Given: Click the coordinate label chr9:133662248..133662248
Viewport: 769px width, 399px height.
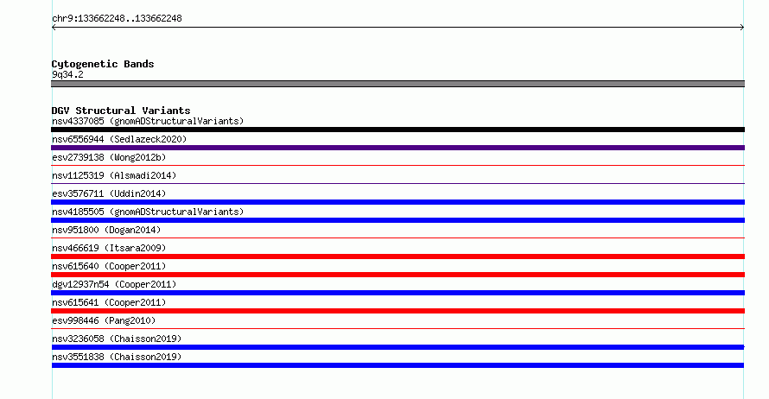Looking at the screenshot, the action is [x=117, y=19].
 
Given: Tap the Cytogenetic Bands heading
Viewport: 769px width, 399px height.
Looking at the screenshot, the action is [x=103, y=64].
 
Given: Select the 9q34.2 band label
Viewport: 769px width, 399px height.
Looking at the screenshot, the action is [x=67, y=74].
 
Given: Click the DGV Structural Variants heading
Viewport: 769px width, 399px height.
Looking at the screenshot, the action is [x=121, y=111].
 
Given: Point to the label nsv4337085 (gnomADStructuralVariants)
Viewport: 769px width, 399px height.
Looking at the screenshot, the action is [x=148, y=121].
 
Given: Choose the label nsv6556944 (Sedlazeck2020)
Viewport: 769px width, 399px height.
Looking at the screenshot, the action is [x=119, y=139].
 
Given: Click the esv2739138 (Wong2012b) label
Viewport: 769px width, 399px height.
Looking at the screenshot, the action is [x=109, y=157].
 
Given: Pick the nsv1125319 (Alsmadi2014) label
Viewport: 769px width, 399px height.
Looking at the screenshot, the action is [x=114, y=175].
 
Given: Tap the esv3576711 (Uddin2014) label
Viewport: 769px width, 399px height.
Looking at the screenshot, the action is [x=109, y=193].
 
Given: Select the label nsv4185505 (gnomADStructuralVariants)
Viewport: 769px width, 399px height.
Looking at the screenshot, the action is [x=148, y=212].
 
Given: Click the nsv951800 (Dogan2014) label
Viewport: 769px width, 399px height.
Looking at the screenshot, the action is [x=106, y=230].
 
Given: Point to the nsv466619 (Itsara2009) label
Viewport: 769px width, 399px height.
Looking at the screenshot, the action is [x=109, y=248].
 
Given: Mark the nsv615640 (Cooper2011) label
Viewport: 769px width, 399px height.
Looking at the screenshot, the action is [x=109, y=266].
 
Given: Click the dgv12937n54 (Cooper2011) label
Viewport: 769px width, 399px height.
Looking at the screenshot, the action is [x=114, y=284].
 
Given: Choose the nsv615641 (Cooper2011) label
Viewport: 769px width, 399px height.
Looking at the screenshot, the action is [x=109, y=302].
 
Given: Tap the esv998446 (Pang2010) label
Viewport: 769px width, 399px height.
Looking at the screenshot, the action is [x=104, y=320].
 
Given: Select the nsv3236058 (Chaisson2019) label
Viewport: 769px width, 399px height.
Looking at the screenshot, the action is [x=117, y=339].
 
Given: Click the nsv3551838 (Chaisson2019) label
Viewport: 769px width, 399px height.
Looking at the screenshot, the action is [x=117, y=357].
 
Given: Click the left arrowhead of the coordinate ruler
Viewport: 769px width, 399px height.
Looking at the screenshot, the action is [x=53, y=28].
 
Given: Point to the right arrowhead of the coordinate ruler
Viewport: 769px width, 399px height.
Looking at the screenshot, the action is [x=743, y=28].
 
